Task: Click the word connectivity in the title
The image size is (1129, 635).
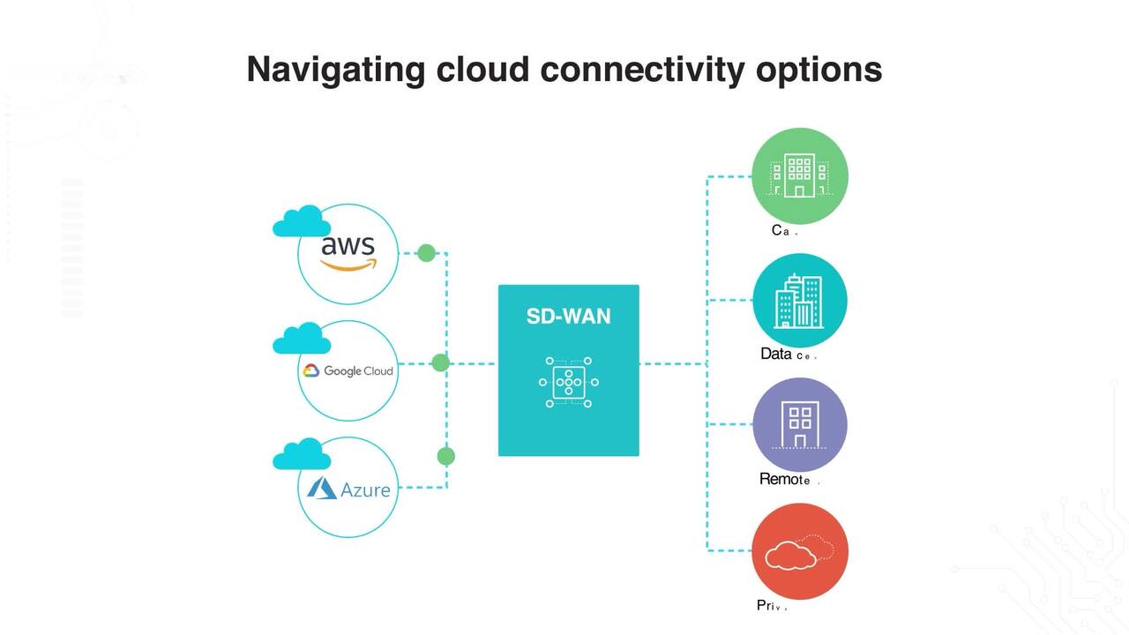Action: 641,70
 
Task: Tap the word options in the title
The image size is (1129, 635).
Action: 819,70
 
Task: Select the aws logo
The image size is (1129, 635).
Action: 348,252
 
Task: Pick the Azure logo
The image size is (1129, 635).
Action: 348,489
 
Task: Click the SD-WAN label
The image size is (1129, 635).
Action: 568,317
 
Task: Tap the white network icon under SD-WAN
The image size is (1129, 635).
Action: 568,382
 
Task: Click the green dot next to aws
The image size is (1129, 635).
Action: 426,253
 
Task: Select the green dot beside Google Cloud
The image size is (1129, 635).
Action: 441,362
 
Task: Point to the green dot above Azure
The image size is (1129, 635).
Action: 446,456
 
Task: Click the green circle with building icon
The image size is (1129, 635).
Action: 799,176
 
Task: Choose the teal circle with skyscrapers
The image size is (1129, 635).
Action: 799,301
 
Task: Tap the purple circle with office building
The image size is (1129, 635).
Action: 799,425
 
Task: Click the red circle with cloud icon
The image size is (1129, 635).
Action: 799,551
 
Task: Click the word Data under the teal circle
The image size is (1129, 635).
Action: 775,355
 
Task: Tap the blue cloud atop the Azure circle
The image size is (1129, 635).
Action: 302,454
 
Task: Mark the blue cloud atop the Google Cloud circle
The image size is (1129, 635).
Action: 302,339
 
